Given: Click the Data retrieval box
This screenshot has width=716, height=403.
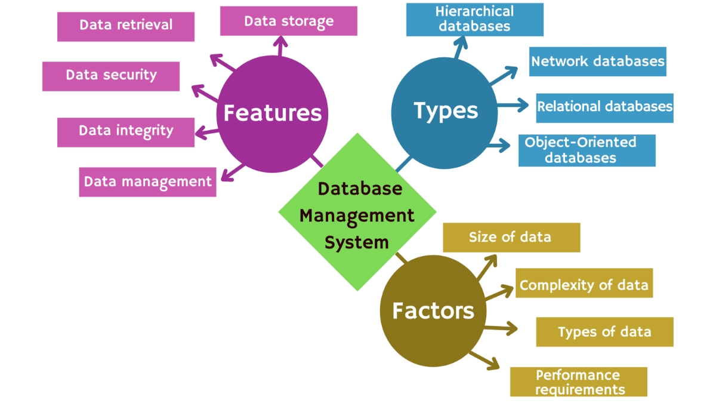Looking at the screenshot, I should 126,27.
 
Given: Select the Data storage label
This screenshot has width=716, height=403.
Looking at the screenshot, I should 289,21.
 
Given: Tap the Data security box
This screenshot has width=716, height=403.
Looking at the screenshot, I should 111,76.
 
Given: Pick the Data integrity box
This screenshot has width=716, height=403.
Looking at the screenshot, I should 126,132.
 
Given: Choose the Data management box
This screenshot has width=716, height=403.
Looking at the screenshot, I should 147,182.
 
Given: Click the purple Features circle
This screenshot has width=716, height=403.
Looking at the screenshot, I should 272,113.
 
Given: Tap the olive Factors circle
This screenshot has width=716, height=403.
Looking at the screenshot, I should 433,311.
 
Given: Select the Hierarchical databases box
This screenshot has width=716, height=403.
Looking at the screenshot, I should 474,19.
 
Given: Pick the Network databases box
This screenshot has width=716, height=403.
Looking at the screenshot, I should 597,61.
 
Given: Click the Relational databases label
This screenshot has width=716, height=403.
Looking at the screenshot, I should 604,107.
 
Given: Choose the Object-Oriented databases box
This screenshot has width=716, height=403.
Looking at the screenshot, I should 587,150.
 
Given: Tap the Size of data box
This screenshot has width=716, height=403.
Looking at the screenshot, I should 511,238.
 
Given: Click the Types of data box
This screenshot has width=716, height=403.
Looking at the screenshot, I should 604,332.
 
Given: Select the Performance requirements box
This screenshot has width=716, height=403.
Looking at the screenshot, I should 578,382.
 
